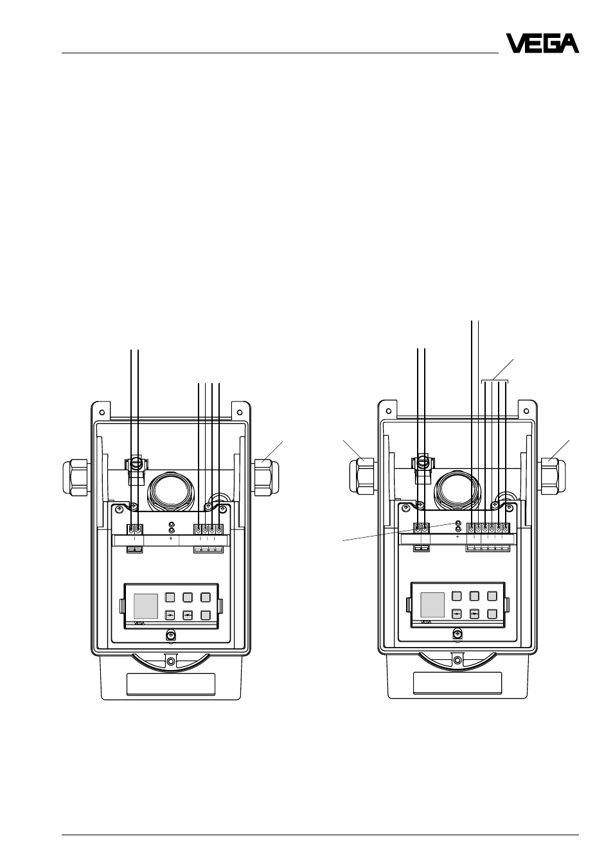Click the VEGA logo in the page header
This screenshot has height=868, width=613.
542,43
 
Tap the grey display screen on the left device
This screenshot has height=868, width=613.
146,606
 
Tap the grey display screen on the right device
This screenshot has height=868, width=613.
432,605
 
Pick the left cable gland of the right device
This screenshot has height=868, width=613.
363,476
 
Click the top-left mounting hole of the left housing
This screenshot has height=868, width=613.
102,412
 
